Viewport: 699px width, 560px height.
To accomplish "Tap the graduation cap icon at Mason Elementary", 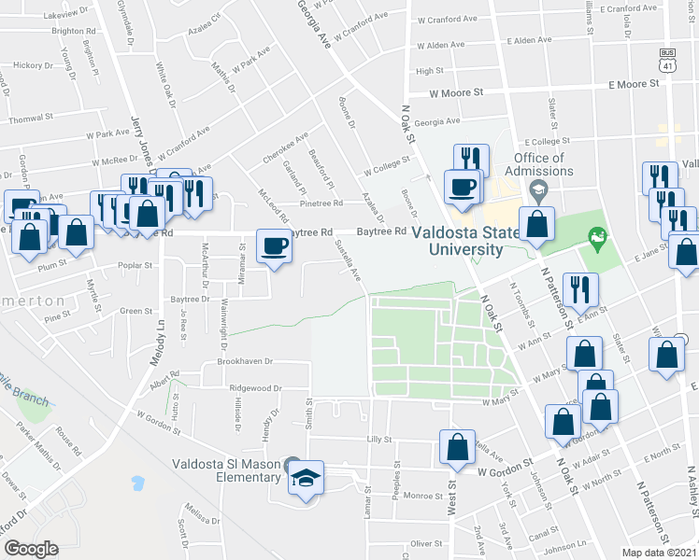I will (306, 478).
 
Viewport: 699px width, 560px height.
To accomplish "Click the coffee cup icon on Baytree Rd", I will (274, 246).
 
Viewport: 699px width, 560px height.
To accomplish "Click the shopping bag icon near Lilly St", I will (458, 448).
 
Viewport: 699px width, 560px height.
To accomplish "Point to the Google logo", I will (31, 548).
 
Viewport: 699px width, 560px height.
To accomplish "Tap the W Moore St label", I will (456, 93).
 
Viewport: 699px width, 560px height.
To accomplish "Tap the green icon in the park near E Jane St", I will (592, 237).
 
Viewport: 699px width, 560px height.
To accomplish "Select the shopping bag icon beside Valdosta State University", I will (536, 225).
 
